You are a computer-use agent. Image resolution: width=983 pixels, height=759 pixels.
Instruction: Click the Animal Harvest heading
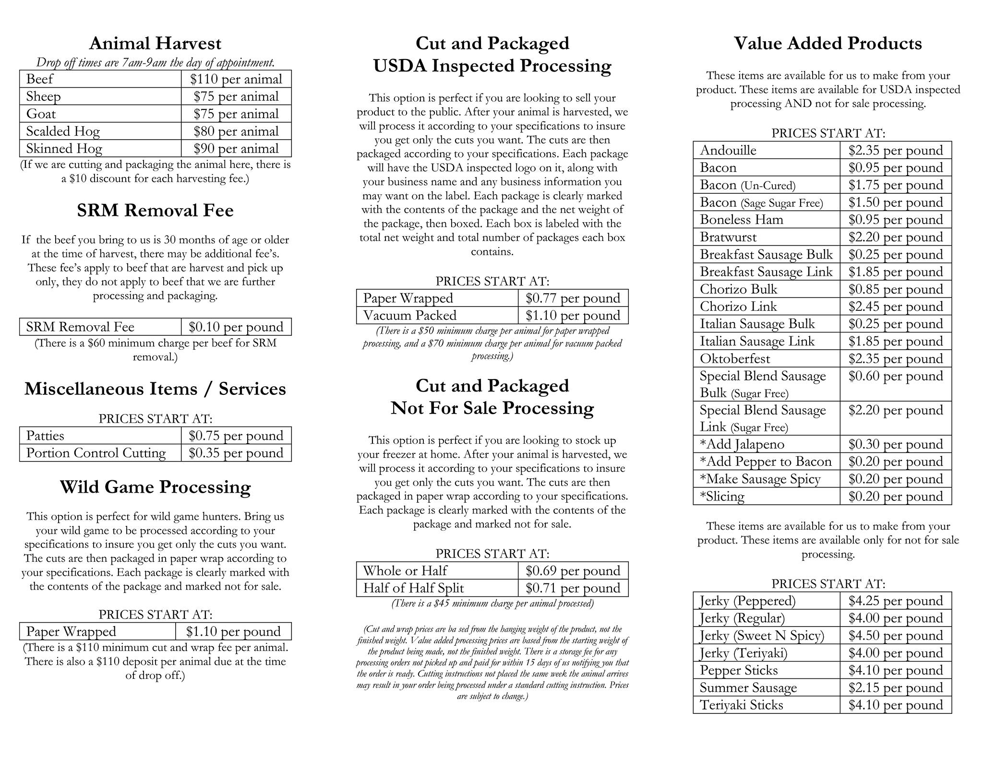[155, 44]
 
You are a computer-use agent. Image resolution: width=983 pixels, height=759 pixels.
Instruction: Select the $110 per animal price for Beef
[236, 79]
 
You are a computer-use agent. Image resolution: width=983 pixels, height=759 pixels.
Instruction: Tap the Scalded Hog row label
[63, 131]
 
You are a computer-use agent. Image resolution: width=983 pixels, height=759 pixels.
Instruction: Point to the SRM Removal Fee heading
[155, 211]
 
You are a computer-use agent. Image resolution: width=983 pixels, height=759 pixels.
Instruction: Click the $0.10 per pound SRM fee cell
[236, 327]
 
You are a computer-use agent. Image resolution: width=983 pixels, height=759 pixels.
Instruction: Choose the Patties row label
[45, 436]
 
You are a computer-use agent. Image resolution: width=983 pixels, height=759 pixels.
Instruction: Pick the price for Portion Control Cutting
[236, 453]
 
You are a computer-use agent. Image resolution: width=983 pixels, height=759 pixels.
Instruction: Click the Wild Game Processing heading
[155, 487]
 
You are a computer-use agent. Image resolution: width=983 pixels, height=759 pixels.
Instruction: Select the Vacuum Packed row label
[409, 316]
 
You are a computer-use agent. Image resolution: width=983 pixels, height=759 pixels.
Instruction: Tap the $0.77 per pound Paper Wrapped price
[573, 298]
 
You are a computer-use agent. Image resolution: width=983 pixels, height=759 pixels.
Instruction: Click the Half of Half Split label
[413, 588]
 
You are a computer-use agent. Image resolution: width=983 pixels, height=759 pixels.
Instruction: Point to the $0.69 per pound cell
[573, 571]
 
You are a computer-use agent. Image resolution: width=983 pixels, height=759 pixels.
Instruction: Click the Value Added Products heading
[827, 44]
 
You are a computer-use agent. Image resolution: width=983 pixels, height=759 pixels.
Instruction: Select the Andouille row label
[728, 151]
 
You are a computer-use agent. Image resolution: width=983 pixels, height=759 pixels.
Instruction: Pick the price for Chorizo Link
[895, 307]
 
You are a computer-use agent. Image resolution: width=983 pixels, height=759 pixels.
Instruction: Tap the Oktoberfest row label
[734, 359]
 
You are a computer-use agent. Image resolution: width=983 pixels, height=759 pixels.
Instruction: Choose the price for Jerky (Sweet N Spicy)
[895, 636]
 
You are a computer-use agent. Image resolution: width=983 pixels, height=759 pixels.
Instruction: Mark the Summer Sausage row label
[748, 688]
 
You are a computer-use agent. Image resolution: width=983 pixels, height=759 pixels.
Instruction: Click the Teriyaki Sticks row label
[741, 705]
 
